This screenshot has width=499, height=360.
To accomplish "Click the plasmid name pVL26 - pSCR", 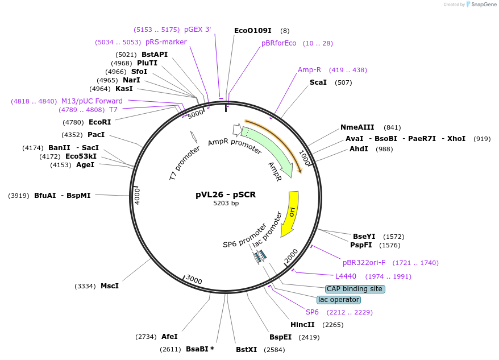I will (x=226, y=195).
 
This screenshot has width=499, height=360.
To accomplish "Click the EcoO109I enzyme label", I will (x=253, y=31).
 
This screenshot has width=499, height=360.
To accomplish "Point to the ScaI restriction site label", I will (x=318, y=82).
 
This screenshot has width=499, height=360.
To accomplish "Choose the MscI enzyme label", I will (x=110, y=285).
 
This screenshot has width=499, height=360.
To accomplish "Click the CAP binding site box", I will (x=355, y=289).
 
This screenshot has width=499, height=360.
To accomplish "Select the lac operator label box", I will (x=339, y=300).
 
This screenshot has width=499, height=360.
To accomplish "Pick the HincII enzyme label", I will (x=302, y=325).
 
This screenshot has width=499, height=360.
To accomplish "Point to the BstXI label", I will (x=247, y=349).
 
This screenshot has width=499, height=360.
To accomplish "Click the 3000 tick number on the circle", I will (x=194, y=280).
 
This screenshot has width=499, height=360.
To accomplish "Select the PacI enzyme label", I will (x=97, y=135).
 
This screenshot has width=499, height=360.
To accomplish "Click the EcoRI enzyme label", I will (x=100, y=122).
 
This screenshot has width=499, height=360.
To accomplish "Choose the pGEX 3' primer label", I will (x=197, y=30).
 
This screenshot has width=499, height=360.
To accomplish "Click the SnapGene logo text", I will (x=481, y=5).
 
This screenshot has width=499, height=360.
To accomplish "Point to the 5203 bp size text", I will (x=226, y=203).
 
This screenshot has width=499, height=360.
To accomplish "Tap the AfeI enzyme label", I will (x=169, y=337).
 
